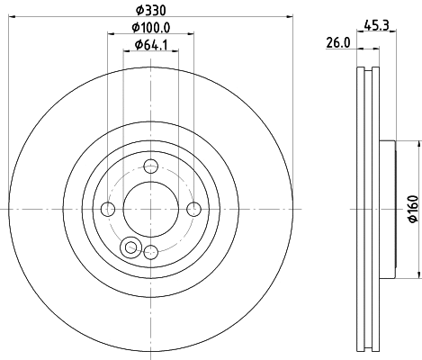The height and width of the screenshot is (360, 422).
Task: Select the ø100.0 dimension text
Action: click(x=151, y=27)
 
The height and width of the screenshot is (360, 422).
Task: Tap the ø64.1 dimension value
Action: click(x=151, y=45)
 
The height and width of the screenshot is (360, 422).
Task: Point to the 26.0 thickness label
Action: click(x=337, y=43)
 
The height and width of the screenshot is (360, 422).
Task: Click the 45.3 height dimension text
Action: click(x=374, y=27)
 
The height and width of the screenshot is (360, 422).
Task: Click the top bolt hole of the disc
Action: click(x=151, y=165)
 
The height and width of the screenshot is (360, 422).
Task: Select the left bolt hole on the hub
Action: click(x=108, y=209)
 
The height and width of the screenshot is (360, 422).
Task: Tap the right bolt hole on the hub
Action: click(x=194, y=209)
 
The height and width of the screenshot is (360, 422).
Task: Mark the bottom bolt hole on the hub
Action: click(x=151, y=252)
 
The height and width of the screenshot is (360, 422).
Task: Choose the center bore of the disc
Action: click(x=151, y=209)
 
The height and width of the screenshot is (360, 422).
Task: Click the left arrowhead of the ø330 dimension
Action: click(x=12, y=15)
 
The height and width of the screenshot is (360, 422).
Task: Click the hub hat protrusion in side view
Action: click(x=388, y=209)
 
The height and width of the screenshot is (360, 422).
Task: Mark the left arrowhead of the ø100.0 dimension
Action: click(x=111, y=34)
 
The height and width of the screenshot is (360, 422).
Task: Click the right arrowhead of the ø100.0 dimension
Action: click(x=192, y=34)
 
